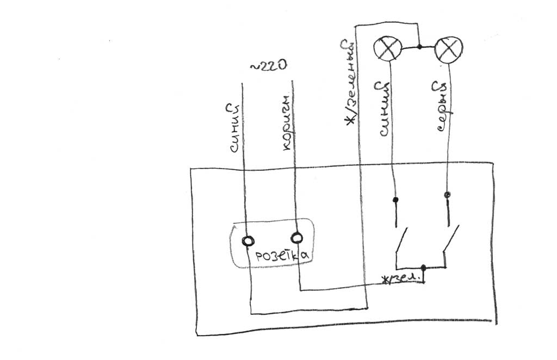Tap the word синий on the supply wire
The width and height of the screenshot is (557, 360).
232,130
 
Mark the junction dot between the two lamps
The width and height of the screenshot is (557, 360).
420,47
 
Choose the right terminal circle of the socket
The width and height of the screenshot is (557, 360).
296,238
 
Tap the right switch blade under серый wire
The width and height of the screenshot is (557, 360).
450,239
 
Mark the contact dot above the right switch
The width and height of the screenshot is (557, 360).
447,195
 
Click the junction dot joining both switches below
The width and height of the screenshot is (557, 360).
424,268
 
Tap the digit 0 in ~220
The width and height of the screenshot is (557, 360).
281,66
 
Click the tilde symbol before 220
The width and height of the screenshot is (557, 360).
253,67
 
